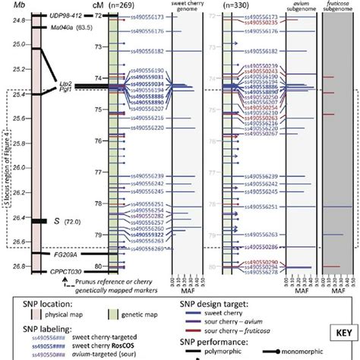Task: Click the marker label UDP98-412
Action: coord(65,15)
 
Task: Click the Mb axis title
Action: coord(10,5)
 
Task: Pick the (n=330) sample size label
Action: coord(239,5)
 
